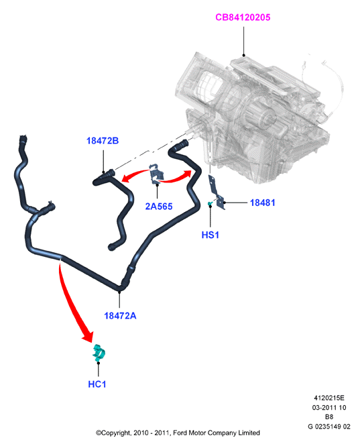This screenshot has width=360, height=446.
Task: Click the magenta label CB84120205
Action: [243, 17]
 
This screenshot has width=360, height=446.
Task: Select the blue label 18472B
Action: [103, 141]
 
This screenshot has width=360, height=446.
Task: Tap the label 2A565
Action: [159, 206]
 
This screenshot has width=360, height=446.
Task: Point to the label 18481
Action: [263, 203]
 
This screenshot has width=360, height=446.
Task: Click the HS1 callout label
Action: [210, 235]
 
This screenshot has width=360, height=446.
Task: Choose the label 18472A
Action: [120, 315]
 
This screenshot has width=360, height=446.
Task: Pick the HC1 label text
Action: [97, 384]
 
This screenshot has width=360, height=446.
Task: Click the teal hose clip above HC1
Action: [99, 353]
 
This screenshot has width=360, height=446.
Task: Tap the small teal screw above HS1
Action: [210, 203]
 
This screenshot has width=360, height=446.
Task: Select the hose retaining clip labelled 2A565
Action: [156, 173]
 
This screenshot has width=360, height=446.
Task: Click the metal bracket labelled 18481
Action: [217, 192]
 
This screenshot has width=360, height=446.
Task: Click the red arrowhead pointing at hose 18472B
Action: [125, 178]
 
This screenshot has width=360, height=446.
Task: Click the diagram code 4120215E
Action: [329, 398]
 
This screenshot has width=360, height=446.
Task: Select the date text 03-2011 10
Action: [329, 407]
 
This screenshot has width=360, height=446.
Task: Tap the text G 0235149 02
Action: [329, 427]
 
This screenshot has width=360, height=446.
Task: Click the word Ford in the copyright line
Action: [180, 433]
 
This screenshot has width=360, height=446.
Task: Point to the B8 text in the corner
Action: [329, 416]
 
